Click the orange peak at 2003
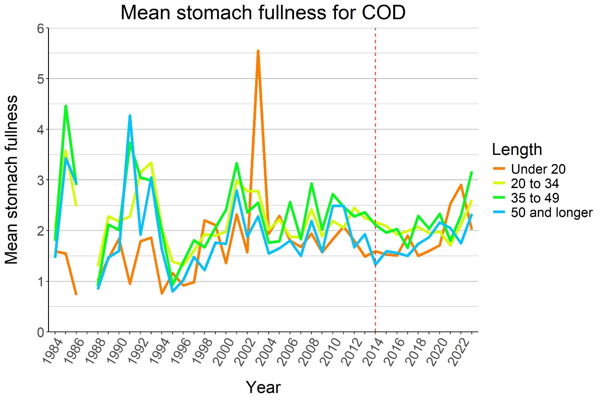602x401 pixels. (258, 51)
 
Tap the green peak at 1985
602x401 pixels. (66, 106)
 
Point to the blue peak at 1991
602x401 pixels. (130, 116)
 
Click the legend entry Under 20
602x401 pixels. (538, 169)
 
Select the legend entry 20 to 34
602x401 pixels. (535, 183)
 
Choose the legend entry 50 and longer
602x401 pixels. (551, 212)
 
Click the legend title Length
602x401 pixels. (516, 149)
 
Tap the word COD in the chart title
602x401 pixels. (384, 13)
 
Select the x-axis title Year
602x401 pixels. (263, 387)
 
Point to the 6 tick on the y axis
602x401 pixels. (41, 28)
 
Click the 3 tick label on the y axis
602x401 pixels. (41, 180)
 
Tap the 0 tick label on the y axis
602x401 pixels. (41, 332)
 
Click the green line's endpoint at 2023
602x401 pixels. (472, 172)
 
